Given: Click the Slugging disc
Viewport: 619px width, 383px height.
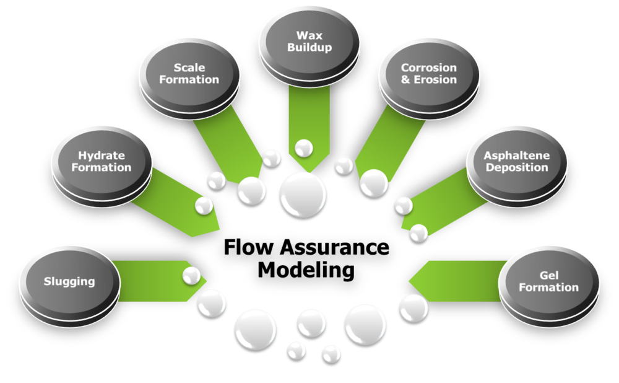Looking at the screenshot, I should tap(69, 282).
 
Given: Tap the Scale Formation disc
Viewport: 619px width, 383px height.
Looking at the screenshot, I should tap(189, 74).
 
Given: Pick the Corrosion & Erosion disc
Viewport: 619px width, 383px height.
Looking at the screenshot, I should tap(428, 74).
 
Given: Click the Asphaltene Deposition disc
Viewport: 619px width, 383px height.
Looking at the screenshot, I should tap(516, 162).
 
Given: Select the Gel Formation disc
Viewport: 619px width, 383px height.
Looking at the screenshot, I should tap(548, 281).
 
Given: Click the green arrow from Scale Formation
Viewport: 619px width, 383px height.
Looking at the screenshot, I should tap(229, 149).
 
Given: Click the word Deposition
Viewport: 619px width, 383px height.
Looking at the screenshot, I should tap(517, 168).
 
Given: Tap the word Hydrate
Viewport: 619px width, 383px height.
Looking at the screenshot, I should tap(102, 156).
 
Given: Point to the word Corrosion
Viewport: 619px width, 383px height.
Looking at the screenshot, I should tap(428, 68).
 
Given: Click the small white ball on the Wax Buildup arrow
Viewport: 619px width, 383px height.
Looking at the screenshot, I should tap(303, 148).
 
